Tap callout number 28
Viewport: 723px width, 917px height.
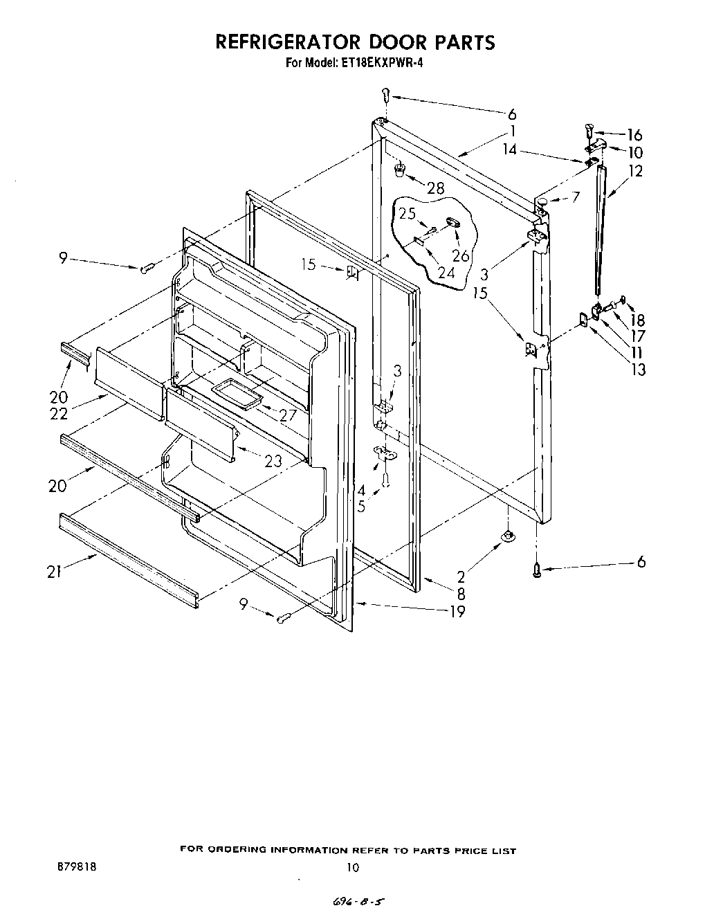(x=435, y=188)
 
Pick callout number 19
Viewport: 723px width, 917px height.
(x=457, y=610)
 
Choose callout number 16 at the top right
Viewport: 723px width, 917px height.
(x=634, y=135)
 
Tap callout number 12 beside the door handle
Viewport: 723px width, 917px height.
(x=635, y=170)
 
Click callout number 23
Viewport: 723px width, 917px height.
(x=273, y=460)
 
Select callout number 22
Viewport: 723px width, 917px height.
(x=58, y=413)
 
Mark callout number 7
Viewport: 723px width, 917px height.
(x=576, y=198)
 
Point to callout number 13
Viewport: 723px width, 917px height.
(x=638, y=369)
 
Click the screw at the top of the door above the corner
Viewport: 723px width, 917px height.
(x=386, y=94)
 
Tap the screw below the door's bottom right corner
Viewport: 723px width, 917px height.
(x=537, y=569)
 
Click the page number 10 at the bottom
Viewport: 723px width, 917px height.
(x=353, y=866)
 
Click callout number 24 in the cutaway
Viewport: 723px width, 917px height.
(x=446, y=272)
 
